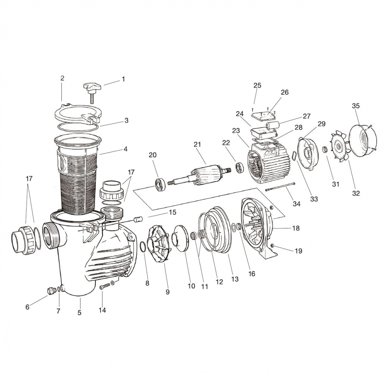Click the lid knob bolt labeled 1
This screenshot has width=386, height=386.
click(92, 90)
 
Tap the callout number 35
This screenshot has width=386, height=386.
click(356, 106)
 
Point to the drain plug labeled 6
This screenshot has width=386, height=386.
click(51, 291)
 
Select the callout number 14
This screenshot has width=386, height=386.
click(102, 310)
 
